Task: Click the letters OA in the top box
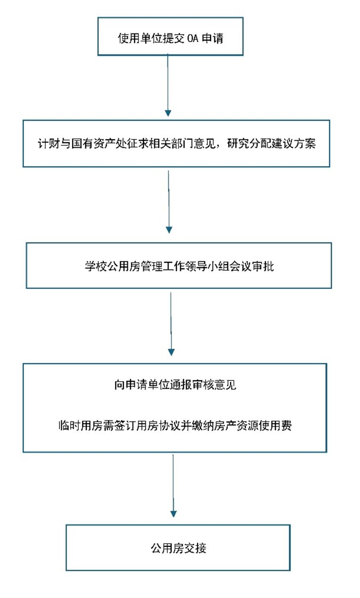(192, 39)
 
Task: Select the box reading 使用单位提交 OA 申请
(170, 36)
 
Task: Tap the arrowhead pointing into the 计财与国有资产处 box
(168, 113)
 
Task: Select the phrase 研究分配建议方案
(271, 144)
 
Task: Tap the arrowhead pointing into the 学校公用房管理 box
(169, 230)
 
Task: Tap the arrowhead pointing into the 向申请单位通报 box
(171, 352)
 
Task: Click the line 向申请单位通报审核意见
(175, 385)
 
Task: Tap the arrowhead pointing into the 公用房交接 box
(173, 514)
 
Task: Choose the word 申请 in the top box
(213, 39)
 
